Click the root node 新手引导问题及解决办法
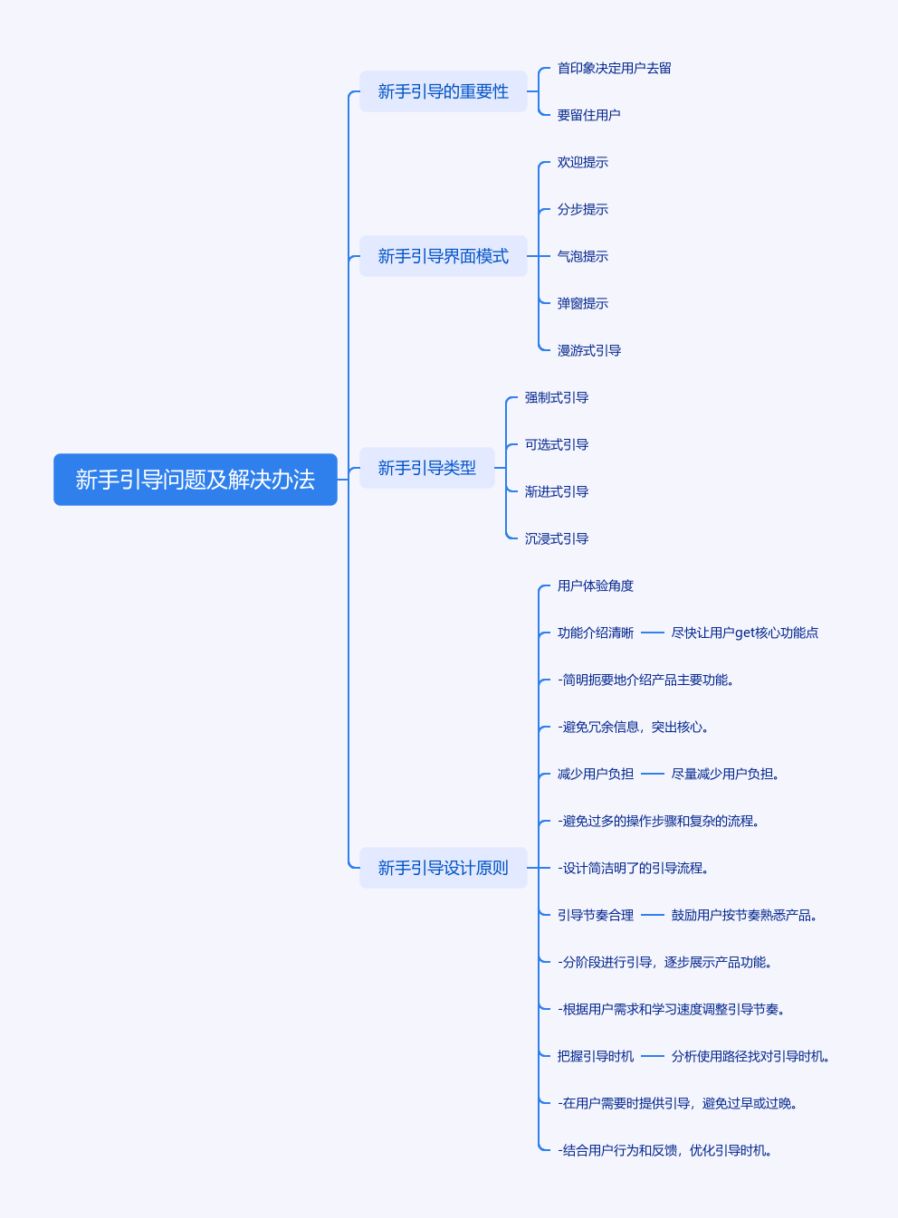pos(195,480)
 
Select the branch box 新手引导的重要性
pos(443,91)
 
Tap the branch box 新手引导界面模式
pos(443,256)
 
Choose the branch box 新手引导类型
pos(426,468)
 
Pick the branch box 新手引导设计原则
pos(443,868)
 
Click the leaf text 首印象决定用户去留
pos(614,68)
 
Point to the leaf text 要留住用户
pos(588,115)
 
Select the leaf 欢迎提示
pos(582,162)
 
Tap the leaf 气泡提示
pos(582,256)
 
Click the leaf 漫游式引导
pos(588,350)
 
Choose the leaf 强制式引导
pos(556,397)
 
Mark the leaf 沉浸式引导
pos(556,538)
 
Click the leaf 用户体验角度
pos(595,585)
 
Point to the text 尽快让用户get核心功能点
pos(744,633)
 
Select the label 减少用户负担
pos(595,774)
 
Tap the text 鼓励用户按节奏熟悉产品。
pos(744,915)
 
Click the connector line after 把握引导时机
pos(653,1056)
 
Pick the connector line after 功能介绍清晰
pos(653,633)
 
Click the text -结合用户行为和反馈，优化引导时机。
pos(664,1150)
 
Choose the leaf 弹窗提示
pos(582,303)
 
